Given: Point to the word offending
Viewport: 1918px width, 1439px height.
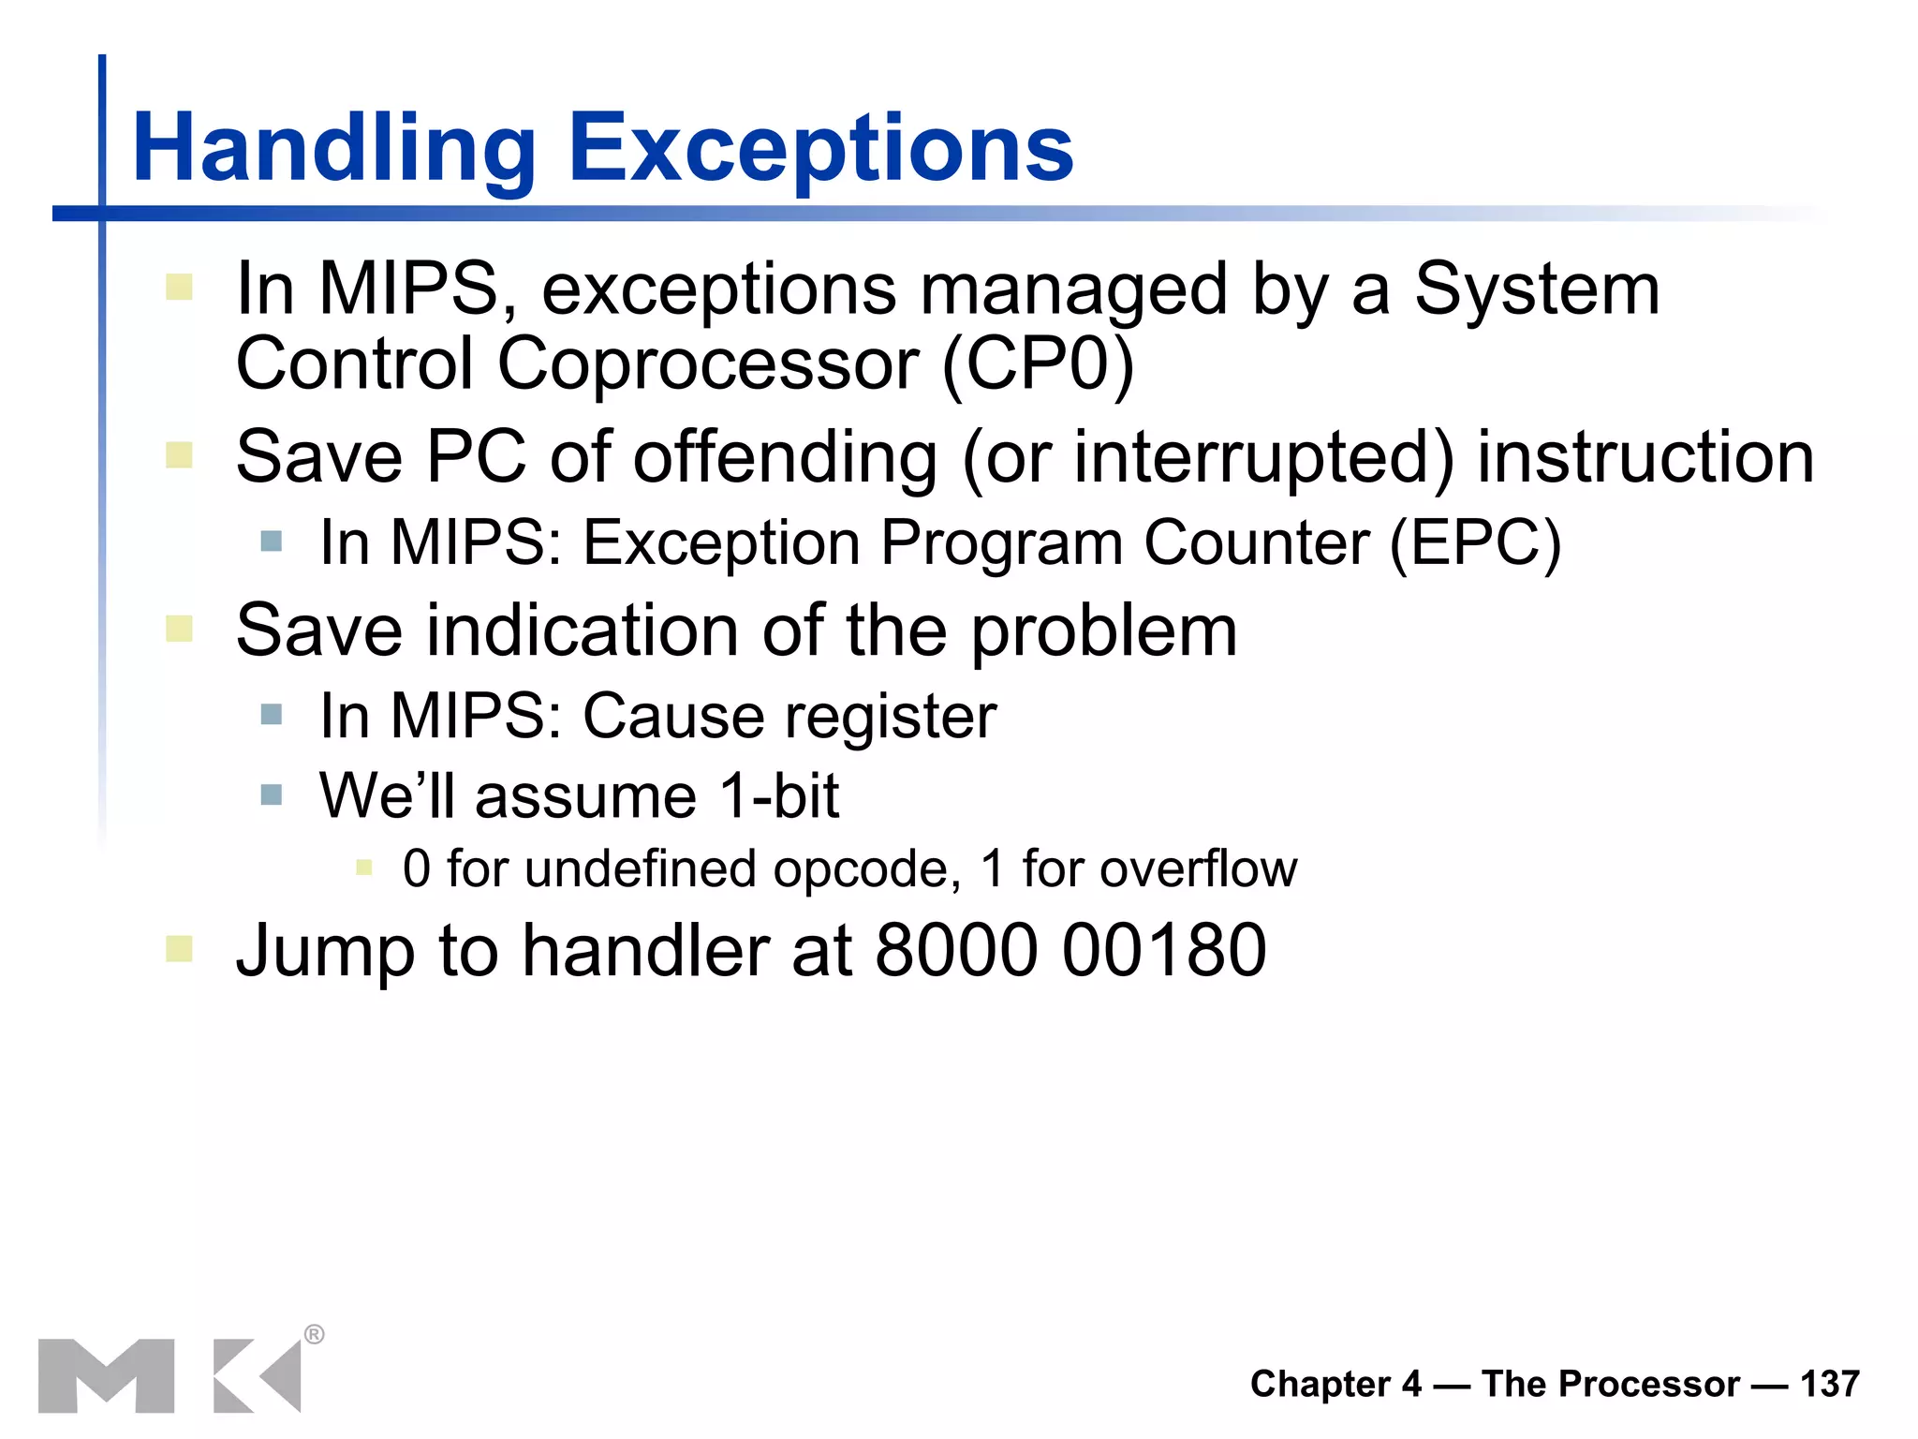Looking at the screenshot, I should (x=785, y=459).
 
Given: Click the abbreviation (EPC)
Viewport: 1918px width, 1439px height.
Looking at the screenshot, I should (x=1475, y=543).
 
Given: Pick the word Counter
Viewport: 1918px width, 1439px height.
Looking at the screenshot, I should (x=1256, y=543).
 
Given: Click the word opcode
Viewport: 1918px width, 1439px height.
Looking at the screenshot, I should (x=866, y=870).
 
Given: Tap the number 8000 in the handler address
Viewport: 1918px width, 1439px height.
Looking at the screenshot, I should (x=956, y=951).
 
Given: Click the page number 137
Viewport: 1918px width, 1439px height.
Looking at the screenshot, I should (x=1829, y=1384).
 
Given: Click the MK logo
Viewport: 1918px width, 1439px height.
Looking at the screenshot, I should (x=169, y=1375).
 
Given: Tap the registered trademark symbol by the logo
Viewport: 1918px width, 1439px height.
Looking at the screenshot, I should (x=315, y=1334).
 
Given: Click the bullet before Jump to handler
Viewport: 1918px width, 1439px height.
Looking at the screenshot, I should (x=179, y=949).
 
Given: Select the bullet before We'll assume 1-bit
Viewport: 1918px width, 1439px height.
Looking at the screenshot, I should (x=272, y=795).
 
